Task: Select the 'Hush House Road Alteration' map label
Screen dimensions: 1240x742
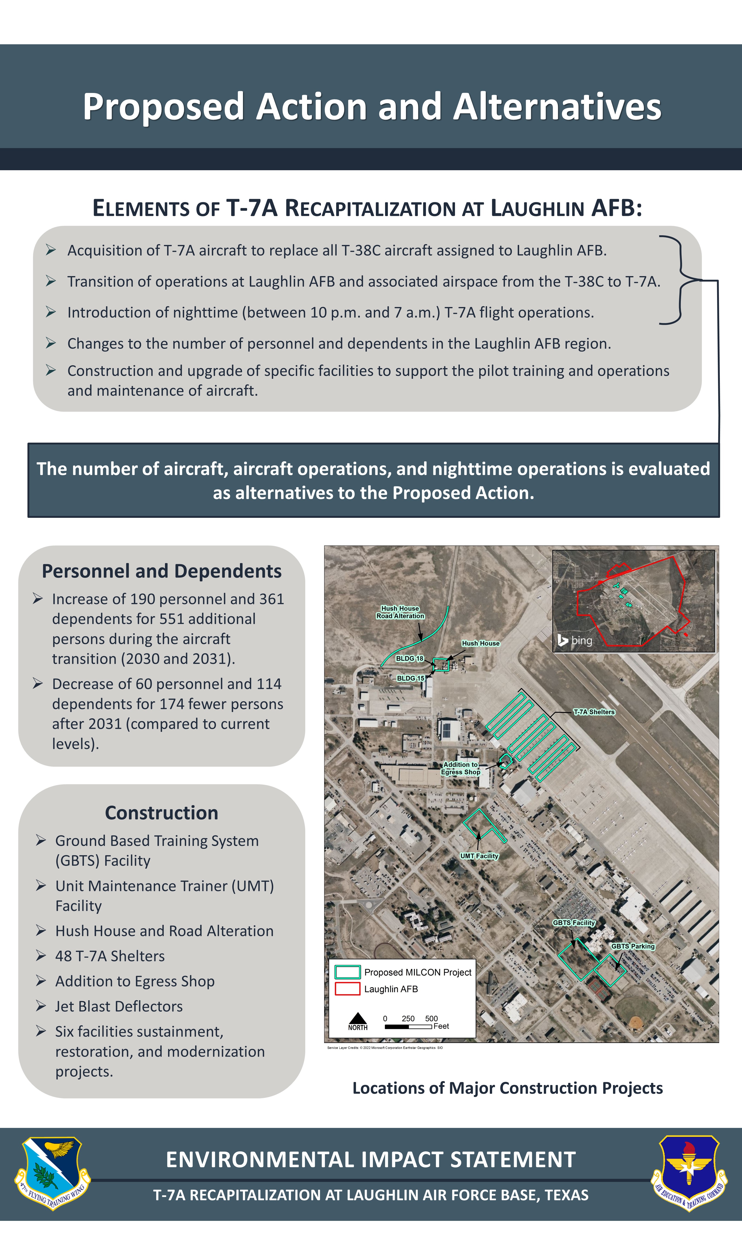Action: point(400,612)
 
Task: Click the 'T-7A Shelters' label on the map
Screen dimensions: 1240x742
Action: point(594,712)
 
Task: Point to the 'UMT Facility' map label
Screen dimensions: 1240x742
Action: point(479,856)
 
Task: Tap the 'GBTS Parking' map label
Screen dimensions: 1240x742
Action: point(632,946)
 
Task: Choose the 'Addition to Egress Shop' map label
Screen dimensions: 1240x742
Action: point(461,768)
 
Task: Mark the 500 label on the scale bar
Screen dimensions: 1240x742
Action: point(431,1018)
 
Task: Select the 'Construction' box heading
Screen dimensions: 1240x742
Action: point(162,813)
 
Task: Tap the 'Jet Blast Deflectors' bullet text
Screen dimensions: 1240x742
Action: point(119,1006)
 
